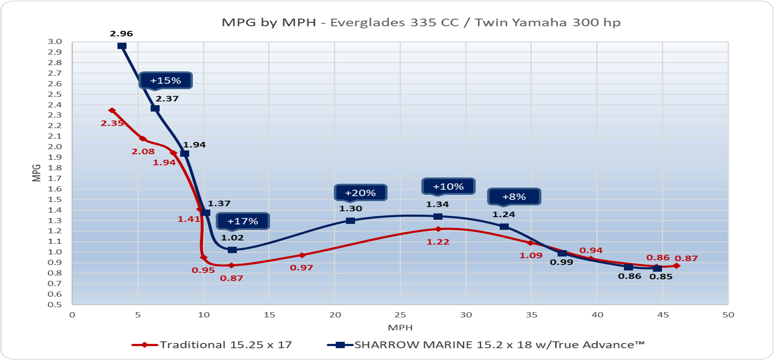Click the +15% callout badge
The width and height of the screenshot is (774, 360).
[x=166, y=81]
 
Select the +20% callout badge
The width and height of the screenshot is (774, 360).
[x=360, y=193]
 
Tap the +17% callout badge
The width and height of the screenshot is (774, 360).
[x=243, y=221]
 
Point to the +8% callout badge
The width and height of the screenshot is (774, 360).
[x=514, y=197]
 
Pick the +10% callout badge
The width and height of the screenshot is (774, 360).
[x=448, y=186]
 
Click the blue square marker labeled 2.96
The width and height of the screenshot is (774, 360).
[x=122, y=46]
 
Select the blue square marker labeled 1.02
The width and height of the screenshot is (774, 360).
[x=232, y=250]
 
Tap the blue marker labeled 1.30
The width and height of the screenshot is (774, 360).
[x=351, y=220]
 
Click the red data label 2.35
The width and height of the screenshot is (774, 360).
[x=112, y=123]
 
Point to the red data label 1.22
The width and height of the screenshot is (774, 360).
[x=438, y=242]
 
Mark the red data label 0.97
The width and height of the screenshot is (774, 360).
[x=301, y=268]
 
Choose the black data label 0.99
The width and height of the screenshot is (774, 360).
[x=561, y=262]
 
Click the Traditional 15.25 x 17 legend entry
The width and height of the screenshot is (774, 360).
[x=212, y=345]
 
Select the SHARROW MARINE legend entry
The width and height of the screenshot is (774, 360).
[x=486, y=345]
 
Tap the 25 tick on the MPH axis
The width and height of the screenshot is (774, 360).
[x=400, y=315]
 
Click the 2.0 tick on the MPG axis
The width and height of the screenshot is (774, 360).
[x=55, y=147]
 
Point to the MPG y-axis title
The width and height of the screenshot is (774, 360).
[x=37, y=173]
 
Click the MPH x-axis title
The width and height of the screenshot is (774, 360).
[x=400, y=328]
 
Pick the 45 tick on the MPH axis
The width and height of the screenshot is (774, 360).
[x=663, y=315]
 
